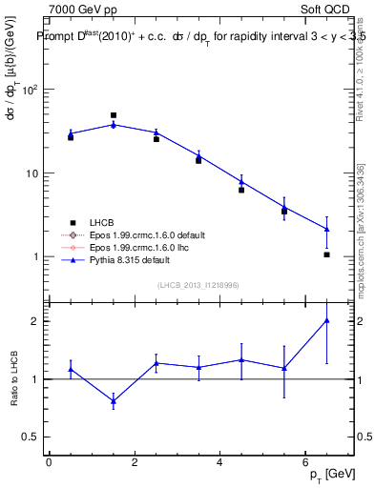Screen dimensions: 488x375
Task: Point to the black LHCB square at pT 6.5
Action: (x=326, y=254)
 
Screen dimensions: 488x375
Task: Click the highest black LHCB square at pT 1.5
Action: (x=114, y=115)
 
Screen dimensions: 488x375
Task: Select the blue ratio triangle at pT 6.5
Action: (x=326, y=320)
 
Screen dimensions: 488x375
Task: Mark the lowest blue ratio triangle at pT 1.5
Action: (x=114, y=401)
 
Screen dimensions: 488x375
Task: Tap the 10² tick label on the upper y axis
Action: (x=30, y=91)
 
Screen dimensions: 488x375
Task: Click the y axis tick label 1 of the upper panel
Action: (x=34, y=257)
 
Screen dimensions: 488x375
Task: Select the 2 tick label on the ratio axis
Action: (x=34, y=321)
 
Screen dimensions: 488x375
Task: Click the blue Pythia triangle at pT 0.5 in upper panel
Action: (x=71, y=133)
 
